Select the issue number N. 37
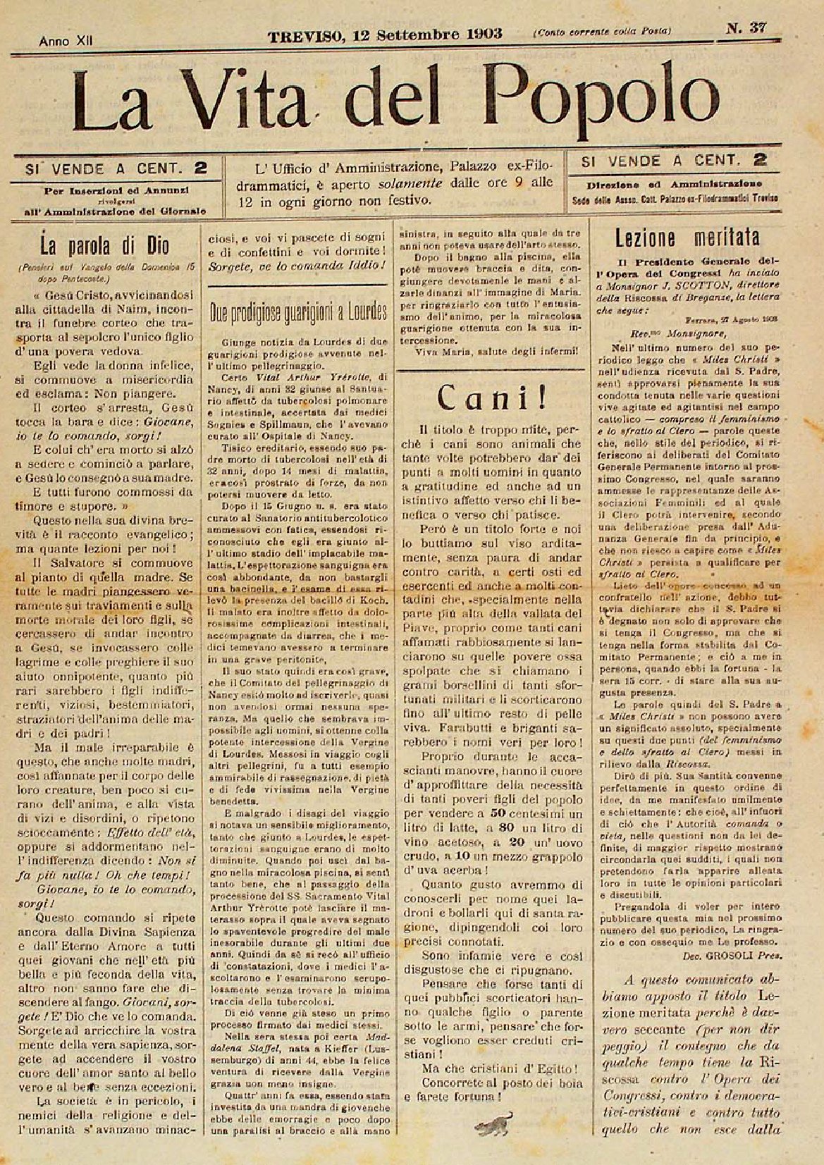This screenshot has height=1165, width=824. [746, 29]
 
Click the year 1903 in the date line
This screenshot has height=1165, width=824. [478, 34]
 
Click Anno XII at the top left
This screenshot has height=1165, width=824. [67, 41]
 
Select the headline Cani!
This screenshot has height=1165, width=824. [491, 398]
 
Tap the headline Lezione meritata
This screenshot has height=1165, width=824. [687, 235]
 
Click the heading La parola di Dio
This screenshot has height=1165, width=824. [108, 248]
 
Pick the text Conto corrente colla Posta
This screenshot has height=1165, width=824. [602, 31]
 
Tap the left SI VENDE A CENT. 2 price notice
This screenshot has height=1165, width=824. [116, 168]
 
